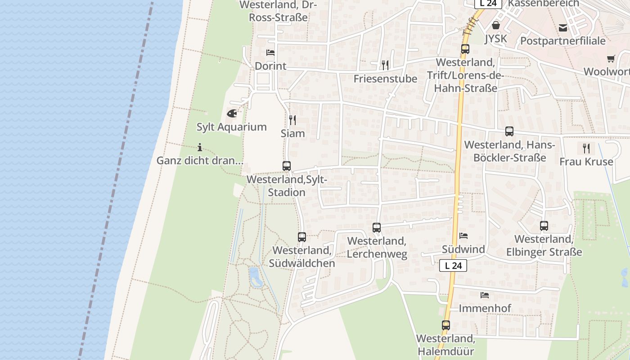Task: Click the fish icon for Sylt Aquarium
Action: [232, 113]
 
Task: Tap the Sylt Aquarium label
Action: [232, 127]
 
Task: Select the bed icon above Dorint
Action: [270, 53]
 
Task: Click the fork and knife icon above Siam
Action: [292, 120]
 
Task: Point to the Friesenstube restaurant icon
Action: [385, 65]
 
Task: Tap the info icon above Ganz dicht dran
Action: [200, 147]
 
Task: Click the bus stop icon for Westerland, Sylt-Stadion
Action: [287, 166]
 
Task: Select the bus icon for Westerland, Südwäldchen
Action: [302, 237]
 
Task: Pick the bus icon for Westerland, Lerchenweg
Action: [377, 228]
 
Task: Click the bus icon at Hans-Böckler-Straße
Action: [509, 131]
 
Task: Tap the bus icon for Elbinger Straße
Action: [544, 225]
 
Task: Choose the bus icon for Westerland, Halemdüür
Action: [446, 325]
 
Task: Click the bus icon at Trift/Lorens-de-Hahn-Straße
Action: [465, 49]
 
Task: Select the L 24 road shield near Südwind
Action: [453, 265]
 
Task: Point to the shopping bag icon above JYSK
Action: [496, 25]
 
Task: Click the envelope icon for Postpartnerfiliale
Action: [563, 28]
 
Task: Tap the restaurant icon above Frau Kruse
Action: [586, 148]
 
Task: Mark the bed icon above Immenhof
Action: [485, 295]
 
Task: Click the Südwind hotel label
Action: [463, 249]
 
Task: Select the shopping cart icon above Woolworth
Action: [611, 58]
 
